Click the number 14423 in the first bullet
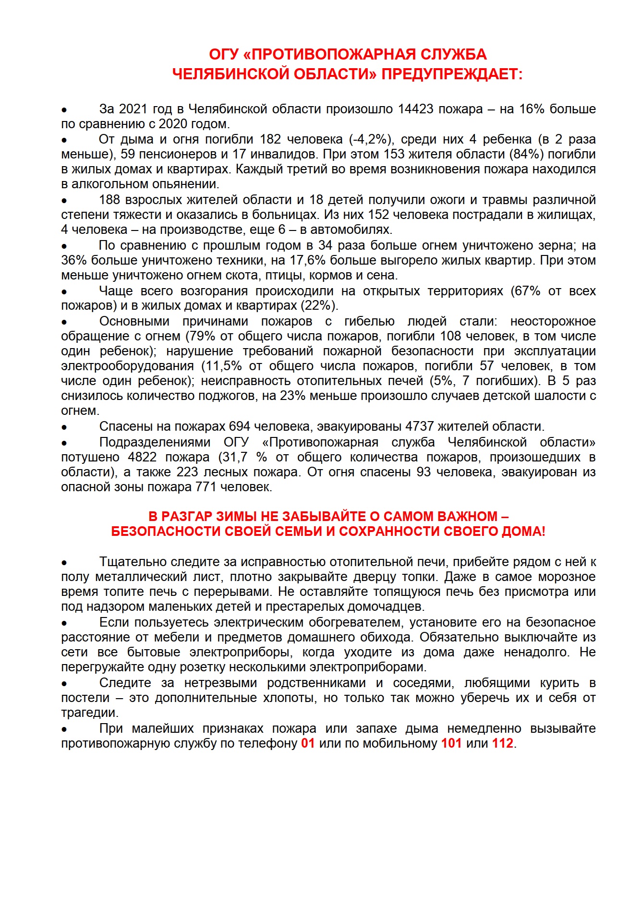(x=416, y=109)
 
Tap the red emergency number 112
(x=503, y=743)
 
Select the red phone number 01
(x=308, y=743)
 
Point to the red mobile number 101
(x=451, y=743)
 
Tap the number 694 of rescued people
(x=239, y=426)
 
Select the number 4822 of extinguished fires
(x=142, y=457)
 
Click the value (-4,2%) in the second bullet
(x=372, y=139)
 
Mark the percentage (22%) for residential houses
(x=319, y=305)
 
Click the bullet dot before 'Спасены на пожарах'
(x=64, y=427)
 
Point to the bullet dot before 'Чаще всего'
(x=64, y=291)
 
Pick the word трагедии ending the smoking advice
(x=89, y=713)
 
